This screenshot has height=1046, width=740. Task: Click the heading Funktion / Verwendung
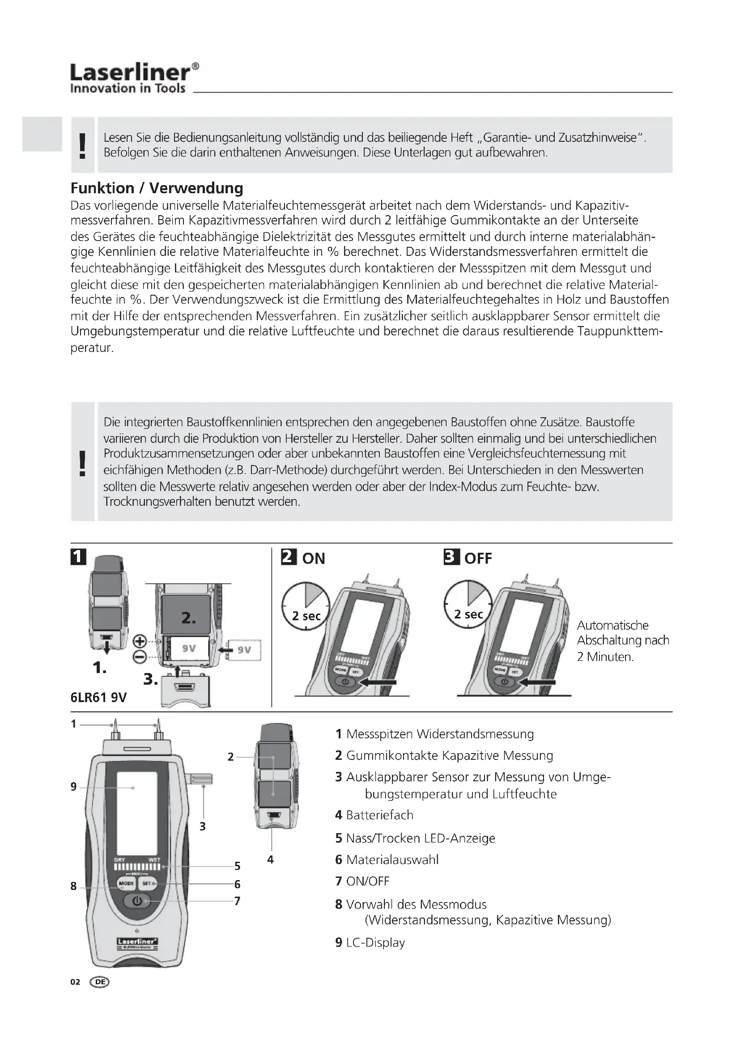[157, 188]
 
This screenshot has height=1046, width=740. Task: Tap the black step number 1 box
[78, 557]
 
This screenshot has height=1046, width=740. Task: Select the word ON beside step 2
[314, 559]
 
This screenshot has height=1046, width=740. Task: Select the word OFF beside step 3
[478, 559]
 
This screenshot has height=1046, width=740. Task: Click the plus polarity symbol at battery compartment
[140, 641]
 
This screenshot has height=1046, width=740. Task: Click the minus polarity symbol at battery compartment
[140, 656]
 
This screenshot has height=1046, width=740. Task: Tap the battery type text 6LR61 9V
[98, 698]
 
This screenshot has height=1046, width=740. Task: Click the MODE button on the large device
[126, 884]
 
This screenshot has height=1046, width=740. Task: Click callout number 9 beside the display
[74, 787]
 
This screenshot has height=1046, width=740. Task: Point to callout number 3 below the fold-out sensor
[203, 826]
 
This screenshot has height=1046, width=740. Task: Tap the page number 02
[75, 982]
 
